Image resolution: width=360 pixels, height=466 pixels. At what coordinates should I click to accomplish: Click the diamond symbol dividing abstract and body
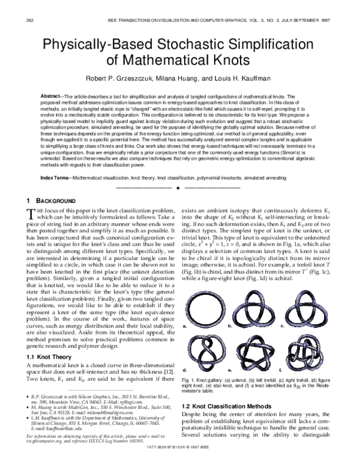point(178,172)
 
